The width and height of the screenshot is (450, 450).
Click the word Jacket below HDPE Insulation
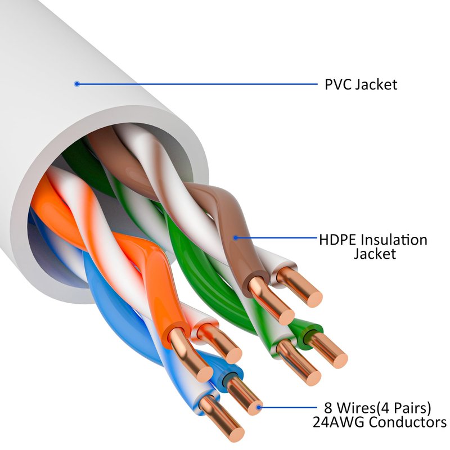point(375,254)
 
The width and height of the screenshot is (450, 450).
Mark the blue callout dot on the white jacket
point(77,84)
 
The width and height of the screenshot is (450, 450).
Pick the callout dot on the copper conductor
point(259,406)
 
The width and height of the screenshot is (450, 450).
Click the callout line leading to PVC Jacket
point(197,84)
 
